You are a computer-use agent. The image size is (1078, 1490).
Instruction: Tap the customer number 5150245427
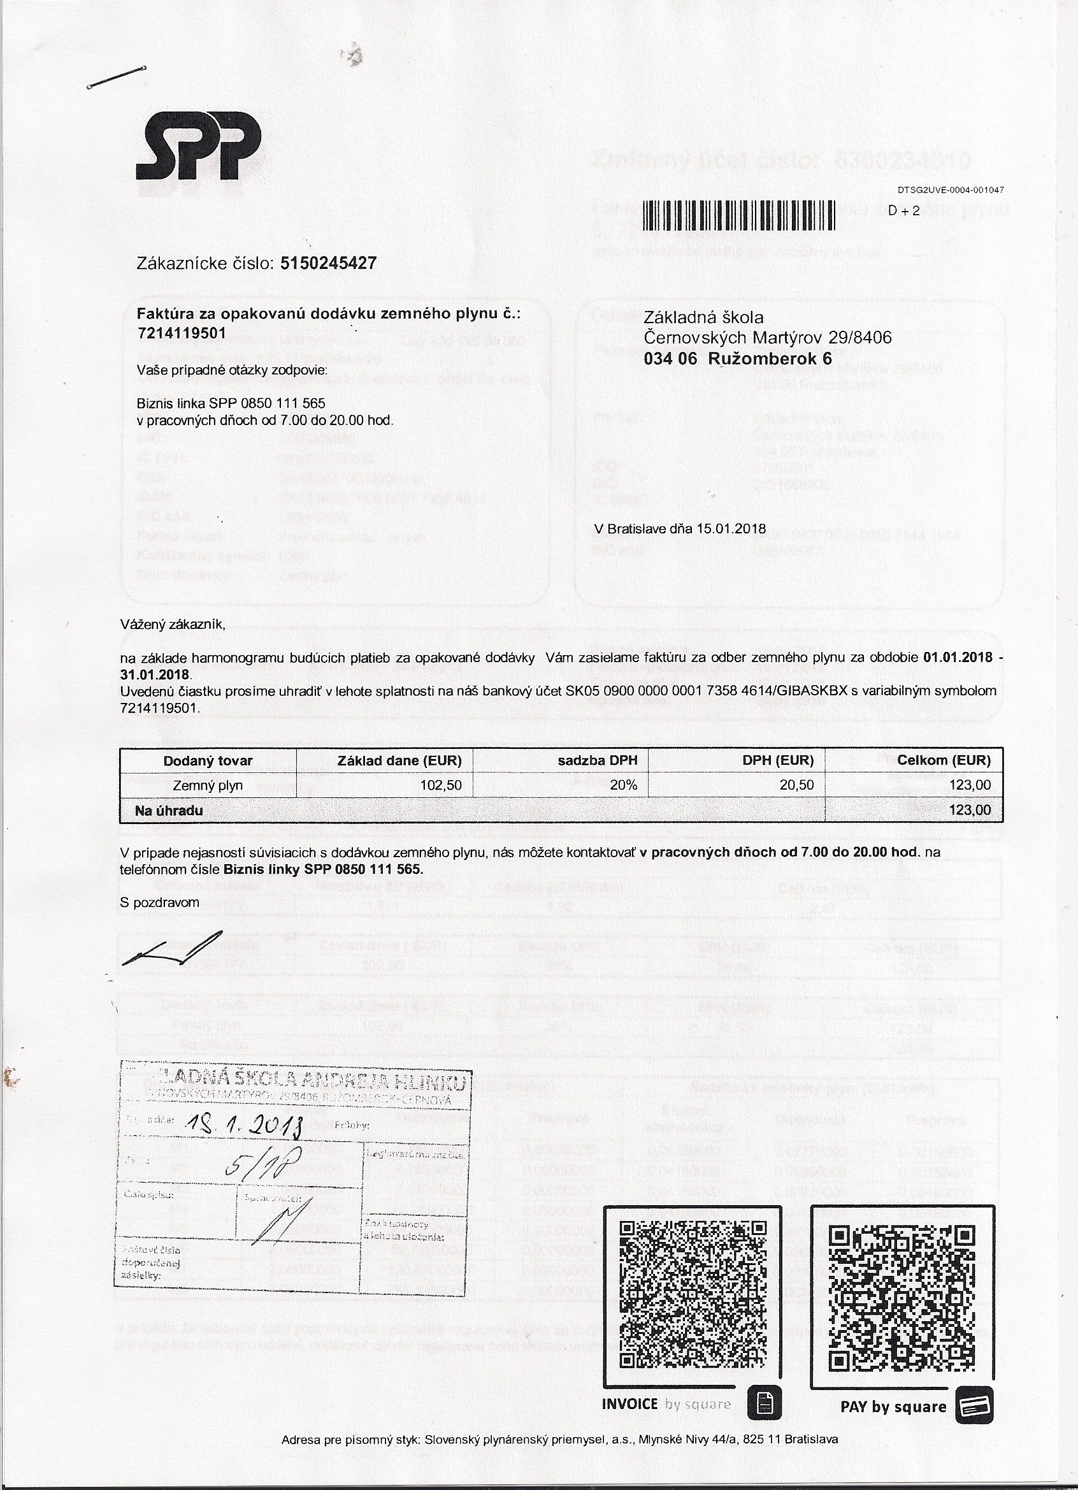(x=328, y=263)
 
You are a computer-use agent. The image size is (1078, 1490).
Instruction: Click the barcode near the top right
(x=738, y=215)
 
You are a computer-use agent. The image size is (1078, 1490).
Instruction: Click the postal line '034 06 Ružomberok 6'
(x=737, y=359)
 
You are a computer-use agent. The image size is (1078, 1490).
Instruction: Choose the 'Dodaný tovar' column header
(x=208, y=761)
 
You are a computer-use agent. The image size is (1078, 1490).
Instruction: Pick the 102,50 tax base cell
(x=440, y=785)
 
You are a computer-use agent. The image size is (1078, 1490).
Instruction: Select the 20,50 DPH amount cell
(x=797, y=785)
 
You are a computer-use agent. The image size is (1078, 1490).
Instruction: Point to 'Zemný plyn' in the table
(x=208, y=785)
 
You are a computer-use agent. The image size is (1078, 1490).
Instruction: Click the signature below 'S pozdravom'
(x=173, y=949)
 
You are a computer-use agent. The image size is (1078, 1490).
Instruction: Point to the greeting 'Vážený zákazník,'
(x=172, y=625)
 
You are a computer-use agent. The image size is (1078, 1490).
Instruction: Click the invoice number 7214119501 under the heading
(x=182, y=333)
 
